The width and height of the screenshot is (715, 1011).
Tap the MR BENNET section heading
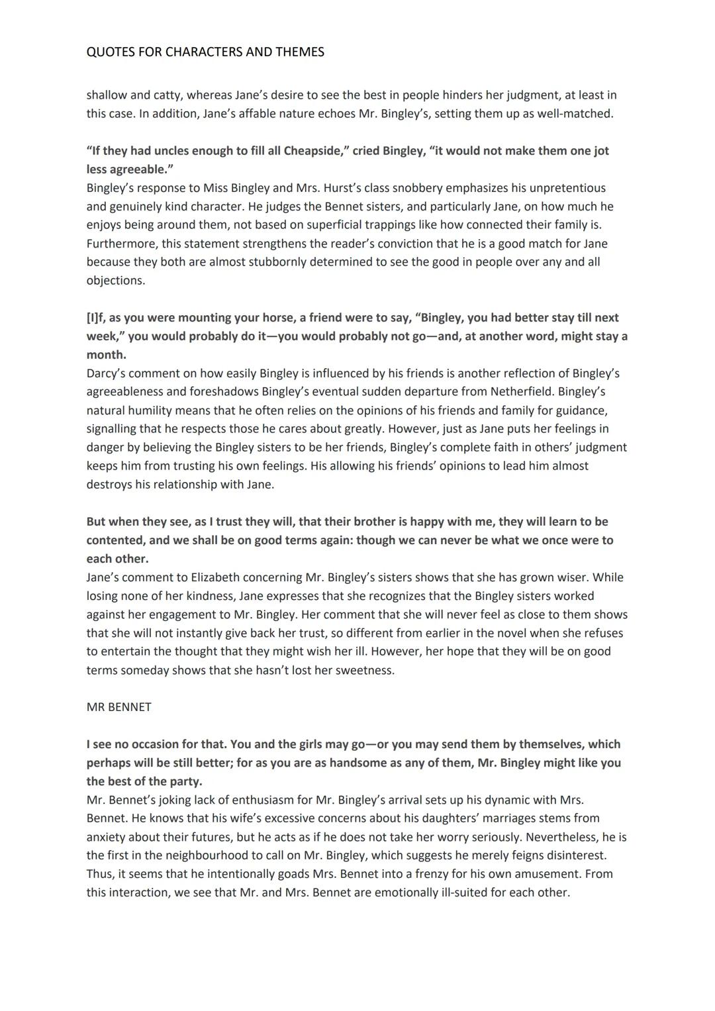coord(119,707)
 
